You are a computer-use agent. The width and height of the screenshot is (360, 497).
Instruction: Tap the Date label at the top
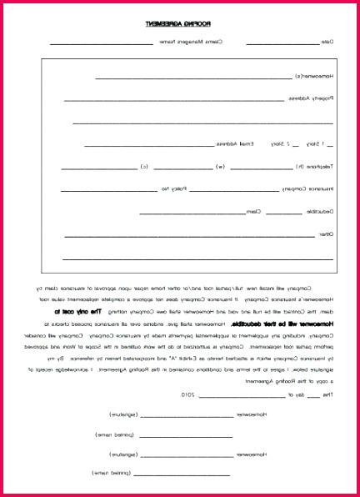tap(327, 42)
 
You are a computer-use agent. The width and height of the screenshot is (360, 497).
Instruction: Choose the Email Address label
tap(237, 143)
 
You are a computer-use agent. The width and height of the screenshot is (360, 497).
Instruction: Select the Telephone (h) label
tap(311, 166)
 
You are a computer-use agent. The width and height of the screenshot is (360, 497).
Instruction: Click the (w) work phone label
tap(220, 166)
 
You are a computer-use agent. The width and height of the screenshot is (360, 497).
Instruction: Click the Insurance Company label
tap(307, 188)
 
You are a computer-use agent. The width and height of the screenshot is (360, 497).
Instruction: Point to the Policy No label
tap(172, 188)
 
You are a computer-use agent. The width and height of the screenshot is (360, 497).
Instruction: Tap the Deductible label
tap(317, 211)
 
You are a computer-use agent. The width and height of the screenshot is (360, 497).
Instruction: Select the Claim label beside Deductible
tap(252, 211)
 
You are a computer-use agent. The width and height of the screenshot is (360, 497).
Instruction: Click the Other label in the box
tap(324, 233)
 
